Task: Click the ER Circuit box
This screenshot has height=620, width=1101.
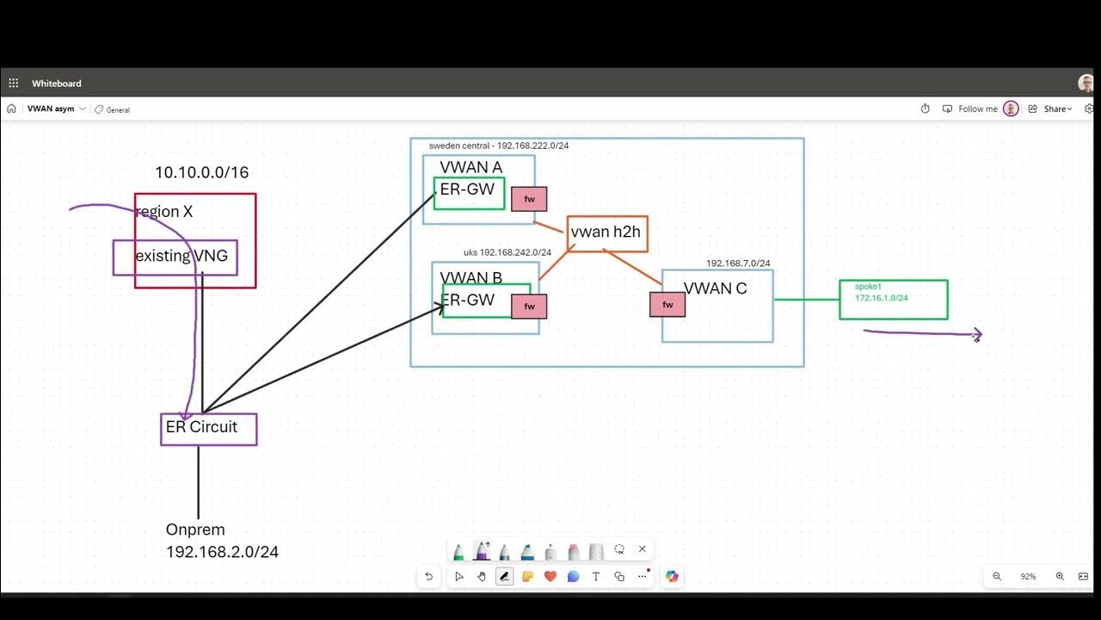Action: [x=208, y=429]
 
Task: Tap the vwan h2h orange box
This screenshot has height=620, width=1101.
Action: [x=606, y=233]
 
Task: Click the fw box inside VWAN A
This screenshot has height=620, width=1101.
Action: [x=529, y=199]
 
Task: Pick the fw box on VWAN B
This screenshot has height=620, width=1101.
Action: [x=529, y=306]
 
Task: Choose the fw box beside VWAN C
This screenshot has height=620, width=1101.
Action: [x=667, y=305]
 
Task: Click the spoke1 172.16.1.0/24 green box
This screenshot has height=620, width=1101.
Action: [x=893, y=299]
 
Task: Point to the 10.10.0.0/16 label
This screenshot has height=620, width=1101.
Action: [x=201, y=173]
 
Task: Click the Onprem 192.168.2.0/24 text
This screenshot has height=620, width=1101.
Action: [x=222, y=541]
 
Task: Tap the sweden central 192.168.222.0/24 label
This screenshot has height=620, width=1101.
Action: [x=498, y=146]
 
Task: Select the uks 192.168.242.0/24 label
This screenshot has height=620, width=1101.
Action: [x=507, y=252]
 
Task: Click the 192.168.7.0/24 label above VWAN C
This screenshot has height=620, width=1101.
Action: [x=738, y=263]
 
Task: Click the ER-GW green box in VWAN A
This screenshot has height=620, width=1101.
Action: [x=469, y=193]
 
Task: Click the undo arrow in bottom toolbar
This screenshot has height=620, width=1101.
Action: [x=428, y=576]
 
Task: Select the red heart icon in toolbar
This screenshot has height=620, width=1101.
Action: [x=550, y=576]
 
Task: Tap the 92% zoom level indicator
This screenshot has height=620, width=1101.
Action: [x=1028, y=576]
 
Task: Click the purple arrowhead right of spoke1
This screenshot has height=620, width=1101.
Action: [x=977, y=334]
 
